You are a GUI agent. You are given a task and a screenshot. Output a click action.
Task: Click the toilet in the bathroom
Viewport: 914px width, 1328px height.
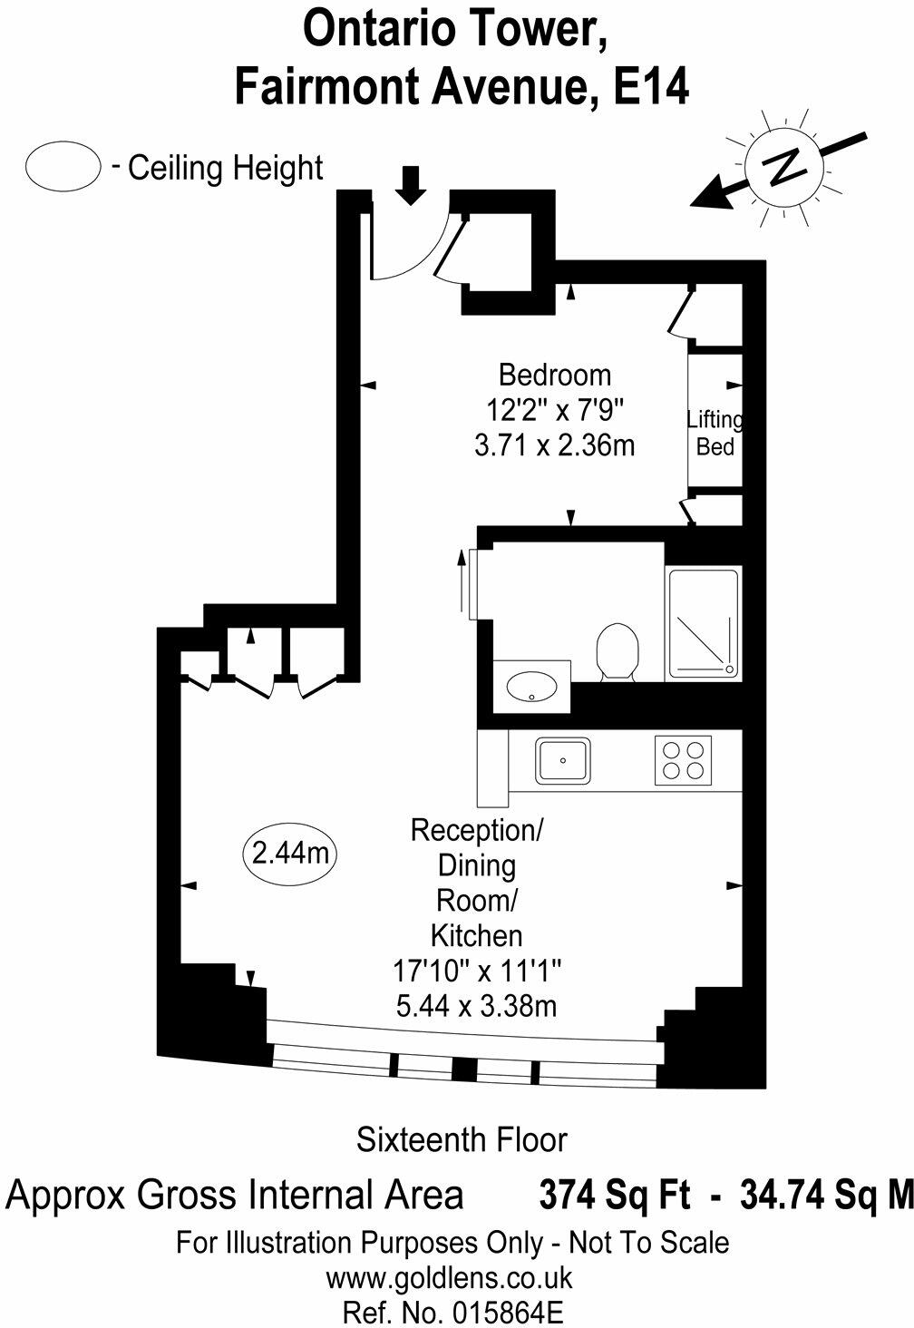tap(617, 649)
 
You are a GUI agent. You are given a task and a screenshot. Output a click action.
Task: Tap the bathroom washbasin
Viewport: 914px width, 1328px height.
tap(531, 686)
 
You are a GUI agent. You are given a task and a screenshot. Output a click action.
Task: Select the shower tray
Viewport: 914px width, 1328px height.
tap(704, 623)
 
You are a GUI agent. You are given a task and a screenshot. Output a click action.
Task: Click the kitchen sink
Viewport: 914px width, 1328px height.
tap(563, 760)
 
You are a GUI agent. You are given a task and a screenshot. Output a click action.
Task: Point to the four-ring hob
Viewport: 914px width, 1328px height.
tap(683, 760)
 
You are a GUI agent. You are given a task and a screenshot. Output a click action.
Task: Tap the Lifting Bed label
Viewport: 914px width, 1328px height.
tap(715, 434)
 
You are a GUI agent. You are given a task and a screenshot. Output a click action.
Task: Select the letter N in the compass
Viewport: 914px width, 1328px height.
tap(783, 167)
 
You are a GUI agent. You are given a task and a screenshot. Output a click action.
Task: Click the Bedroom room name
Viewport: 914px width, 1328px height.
tap(555, 374)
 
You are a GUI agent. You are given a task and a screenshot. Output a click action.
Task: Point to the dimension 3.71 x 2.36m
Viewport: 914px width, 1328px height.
tap(555, 446)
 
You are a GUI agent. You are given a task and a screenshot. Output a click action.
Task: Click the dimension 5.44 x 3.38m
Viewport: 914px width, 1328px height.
tap(477, 1006)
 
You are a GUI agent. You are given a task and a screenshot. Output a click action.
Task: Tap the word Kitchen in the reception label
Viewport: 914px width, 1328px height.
tap(476, 935)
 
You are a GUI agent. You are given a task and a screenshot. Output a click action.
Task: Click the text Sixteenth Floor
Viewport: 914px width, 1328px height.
tap(462, 1138)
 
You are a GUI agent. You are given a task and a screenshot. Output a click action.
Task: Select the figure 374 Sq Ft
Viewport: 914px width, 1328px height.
tap(615, 1195)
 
